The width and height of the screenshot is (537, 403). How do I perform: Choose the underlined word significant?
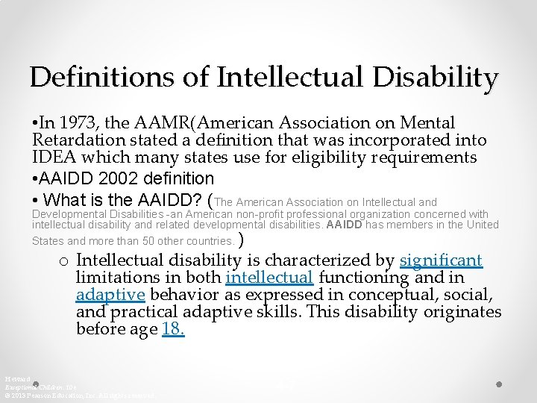coord(441,260)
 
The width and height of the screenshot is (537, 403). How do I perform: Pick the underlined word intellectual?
coord(268,278)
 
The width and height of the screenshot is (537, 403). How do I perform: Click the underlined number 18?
coord(172,329)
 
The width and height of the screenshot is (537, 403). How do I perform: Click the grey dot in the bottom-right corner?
coord(498,384)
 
